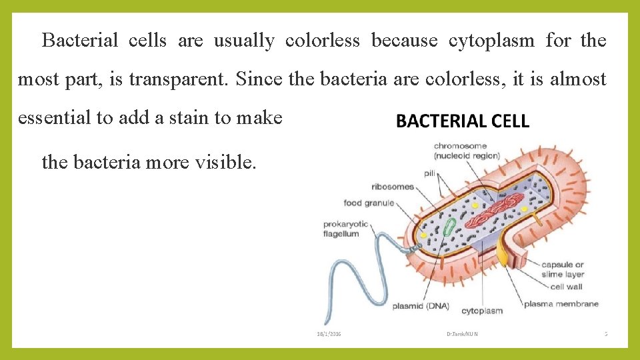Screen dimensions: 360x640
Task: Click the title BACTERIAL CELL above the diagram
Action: pyautogui.click(x=463, y=121)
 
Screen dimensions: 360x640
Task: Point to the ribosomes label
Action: pyautogui.click(x=393, y=187)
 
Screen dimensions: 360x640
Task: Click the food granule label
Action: pyautogui.click(x=369, y=203)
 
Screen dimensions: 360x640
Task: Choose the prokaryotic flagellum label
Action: pyautogui.click(x=345, y=229)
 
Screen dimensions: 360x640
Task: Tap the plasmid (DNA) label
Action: pyautogui.click(x=421, y=307)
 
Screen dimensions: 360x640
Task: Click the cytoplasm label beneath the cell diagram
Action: pyautogui.click(x=481, y=311)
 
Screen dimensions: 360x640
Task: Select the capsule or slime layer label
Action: pyautogui.click(x=563, y=269)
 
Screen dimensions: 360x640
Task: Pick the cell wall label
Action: pyautogui.click(x=566, y=287)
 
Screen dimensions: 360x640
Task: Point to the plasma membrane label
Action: pyautogui.click(x=561, y=304)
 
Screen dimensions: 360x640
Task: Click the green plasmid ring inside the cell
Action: pyautogui.click(x=451, y=227)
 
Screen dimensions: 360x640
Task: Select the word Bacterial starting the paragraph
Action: pyautogui.click(x=80, y=41)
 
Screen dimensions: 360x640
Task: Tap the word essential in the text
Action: pyautogui.click(x=55, y=118)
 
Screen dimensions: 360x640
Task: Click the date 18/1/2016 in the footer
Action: pyautogui.click(x=328, y=333)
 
